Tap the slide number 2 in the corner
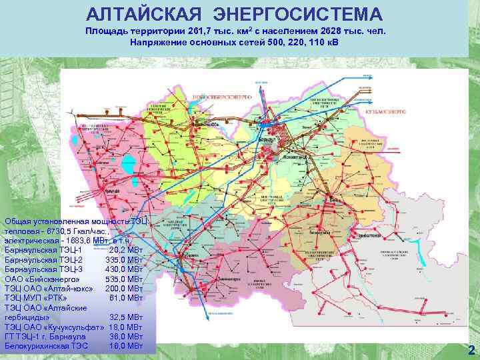(471, 351)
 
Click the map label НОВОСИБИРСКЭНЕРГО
(219, 97)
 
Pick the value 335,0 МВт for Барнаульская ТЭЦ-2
(124, 260)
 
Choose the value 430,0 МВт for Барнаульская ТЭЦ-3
(124, 269)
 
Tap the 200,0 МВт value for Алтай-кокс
(124, 289)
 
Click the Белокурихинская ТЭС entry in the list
(47, 346)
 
